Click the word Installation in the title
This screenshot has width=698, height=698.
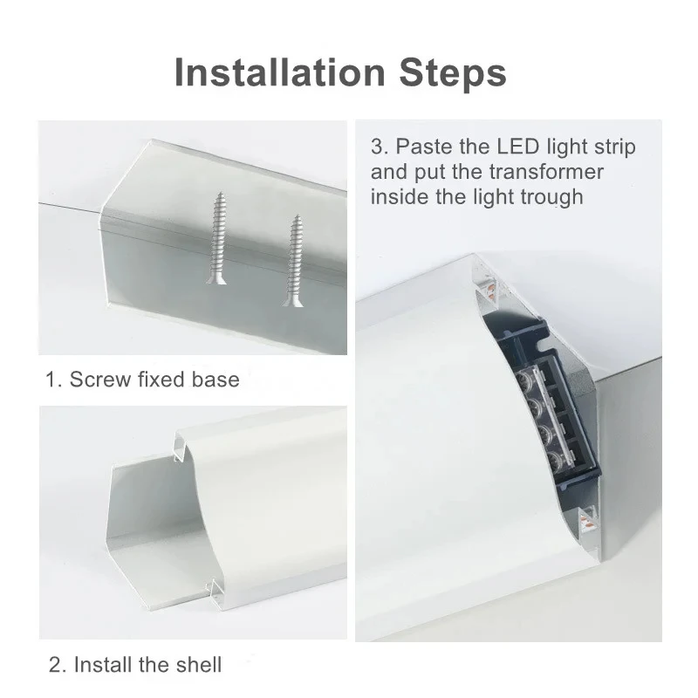(280, 72)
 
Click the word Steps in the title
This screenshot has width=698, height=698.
(453, 72)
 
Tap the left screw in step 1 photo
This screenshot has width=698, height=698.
(217, 237)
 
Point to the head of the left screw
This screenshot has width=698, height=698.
(216, 279)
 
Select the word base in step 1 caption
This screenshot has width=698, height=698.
(216, 380)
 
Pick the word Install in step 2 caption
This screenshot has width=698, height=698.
(104, 665)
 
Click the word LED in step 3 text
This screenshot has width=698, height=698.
(517, 147)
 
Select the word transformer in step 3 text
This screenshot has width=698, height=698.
(546, 172)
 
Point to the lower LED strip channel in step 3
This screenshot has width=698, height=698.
(587, 519)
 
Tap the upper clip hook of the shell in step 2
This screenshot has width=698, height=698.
(179, 447)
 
